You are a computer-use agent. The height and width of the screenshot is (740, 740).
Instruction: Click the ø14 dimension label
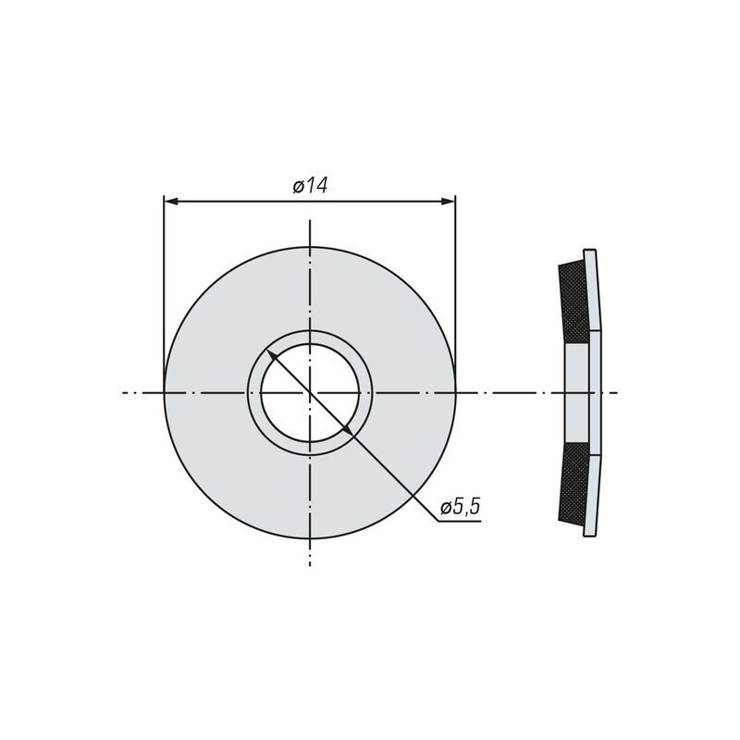pyautogui.click(x=310, y=186)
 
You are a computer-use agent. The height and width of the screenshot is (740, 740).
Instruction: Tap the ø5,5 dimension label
pyautogui.click(x=460, y=507)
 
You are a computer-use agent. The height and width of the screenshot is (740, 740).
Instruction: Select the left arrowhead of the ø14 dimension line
pyautogui.click(x=170, y=202)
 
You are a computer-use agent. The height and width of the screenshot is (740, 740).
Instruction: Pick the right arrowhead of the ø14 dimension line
pyautogui.click(x=449, y=202)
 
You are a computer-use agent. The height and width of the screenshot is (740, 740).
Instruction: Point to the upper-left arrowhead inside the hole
pyautogui.click(x=271, y=354)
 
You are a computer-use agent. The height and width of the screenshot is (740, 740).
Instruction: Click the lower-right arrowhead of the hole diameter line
pyautogui.click(x=347, y=430)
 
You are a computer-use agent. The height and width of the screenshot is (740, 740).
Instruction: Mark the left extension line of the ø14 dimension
pyautogui.click(x=164, y=293)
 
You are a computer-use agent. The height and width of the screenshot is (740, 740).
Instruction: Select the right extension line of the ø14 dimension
pyautogui.click(x=455, y=293)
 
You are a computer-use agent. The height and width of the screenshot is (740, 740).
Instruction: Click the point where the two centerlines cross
pyautogui.click(x=310, y=392)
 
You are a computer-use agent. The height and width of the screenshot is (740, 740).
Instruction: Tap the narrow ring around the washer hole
pyautogui.click(x=310, y=337)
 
